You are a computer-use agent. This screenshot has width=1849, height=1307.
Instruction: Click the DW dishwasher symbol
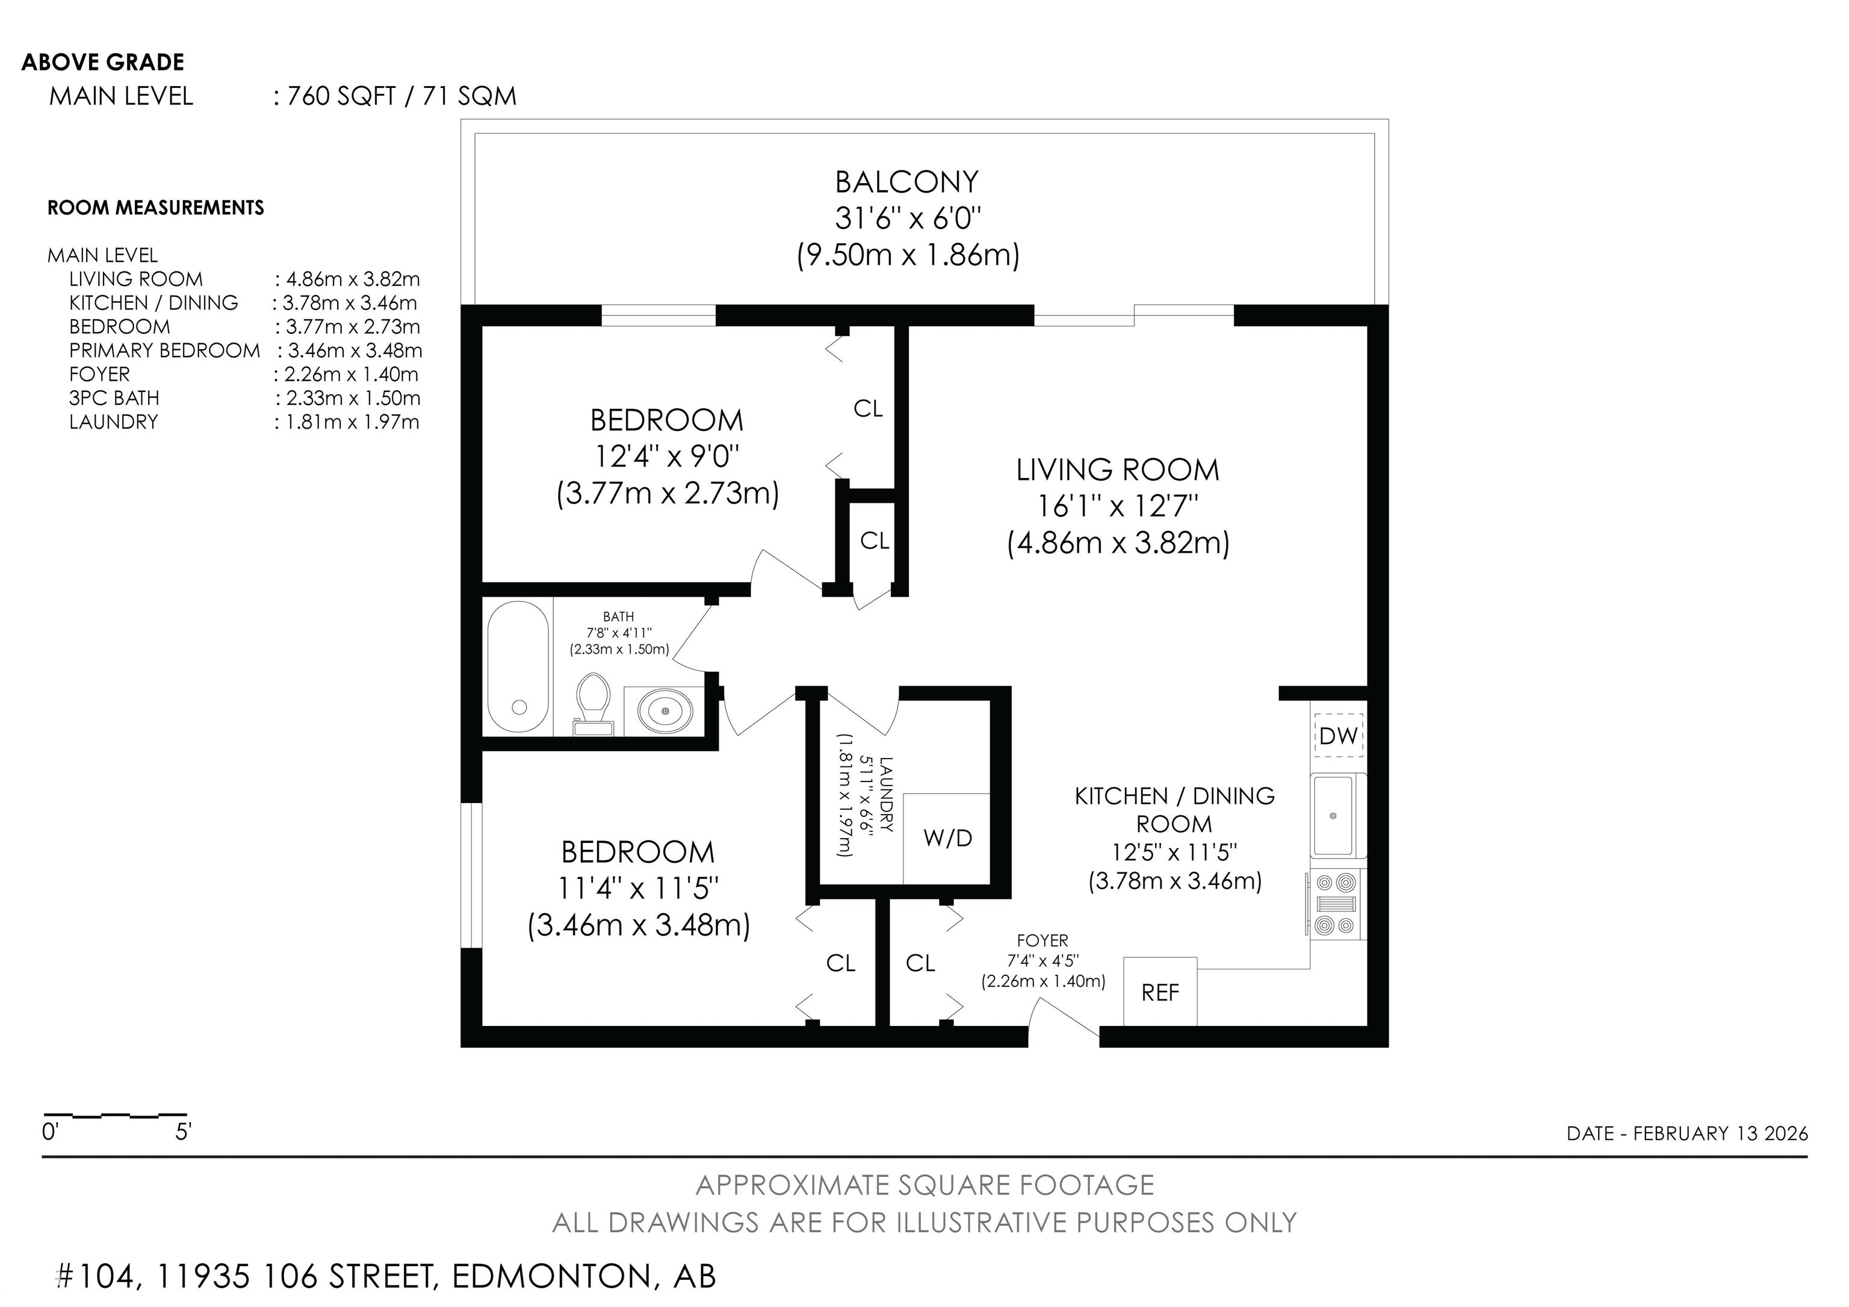point(1339,734)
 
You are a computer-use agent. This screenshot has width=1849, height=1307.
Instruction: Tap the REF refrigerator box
point(1160,992)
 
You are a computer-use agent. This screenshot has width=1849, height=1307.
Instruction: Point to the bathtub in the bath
point(519,668)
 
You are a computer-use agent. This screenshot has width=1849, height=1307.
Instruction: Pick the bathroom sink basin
point(664,711)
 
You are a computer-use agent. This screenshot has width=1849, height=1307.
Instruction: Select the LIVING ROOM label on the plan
point(1118,470)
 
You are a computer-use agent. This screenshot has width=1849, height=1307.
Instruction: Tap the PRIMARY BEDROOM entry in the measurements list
point(164,350)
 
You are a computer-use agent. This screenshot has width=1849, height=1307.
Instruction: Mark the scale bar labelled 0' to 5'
point(114,1116)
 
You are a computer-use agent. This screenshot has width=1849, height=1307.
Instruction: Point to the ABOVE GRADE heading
point(102,62)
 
